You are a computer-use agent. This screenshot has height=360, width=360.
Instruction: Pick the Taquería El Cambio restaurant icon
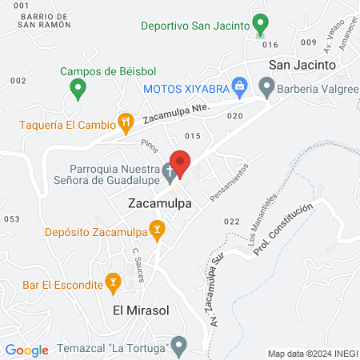(125, 122)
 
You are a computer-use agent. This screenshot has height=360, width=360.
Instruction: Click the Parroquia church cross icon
(168, 171)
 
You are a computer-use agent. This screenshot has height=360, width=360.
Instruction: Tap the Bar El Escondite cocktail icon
(113, 282)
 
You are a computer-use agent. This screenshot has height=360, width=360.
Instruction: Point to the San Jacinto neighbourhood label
(299, 65)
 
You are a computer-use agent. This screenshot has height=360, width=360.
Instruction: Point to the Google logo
(26, 350)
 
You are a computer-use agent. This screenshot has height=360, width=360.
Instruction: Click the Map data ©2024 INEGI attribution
(311, 354)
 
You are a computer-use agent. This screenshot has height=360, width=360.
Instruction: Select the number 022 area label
(232, 221)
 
